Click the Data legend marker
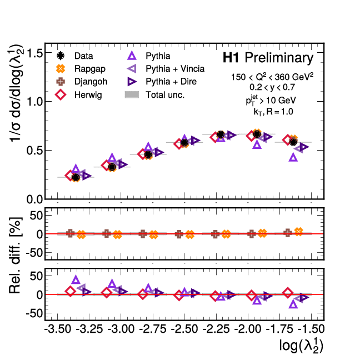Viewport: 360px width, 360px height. pyautogui.click(x=61, y=56)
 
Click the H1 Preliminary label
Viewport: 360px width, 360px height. pyautogui.click(x=268, y=58)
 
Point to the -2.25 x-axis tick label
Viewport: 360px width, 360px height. pyautogui.click(x=215, y=329)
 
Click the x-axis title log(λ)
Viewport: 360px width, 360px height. pyautogui.click(x=301, y=346)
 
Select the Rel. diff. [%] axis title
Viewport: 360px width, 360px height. pyautogui.click(x=16, y=264)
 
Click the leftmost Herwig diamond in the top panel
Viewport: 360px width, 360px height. pyautogui.click(x=71, y=176)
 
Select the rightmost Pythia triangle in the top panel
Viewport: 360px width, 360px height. pyautogui.click(x=293, y=157)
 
